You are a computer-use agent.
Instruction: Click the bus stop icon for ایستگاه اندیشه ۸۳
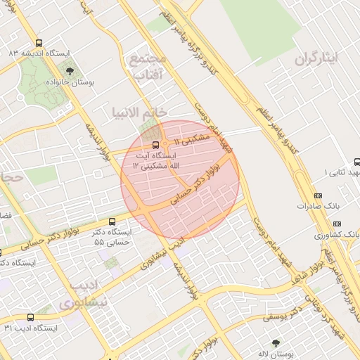pos(39,43)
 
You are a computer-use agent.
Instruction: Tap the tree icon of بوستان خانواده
pos(70,71)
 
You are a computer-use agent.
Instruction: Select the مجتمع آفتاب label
pos(147,66)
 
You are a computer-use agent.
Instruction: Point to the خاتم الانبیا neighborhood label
pos(139,112)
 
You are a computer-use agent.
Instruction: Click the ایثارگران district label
pos(327,58)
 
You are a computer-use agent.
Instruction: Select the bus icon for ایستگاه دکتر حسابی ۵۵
pos(112,221)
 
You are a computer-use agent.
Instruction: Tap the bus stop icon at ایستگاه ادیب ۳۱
pos(30,318)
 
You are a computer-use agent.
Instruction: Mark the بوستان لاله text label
pos(276,354)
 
